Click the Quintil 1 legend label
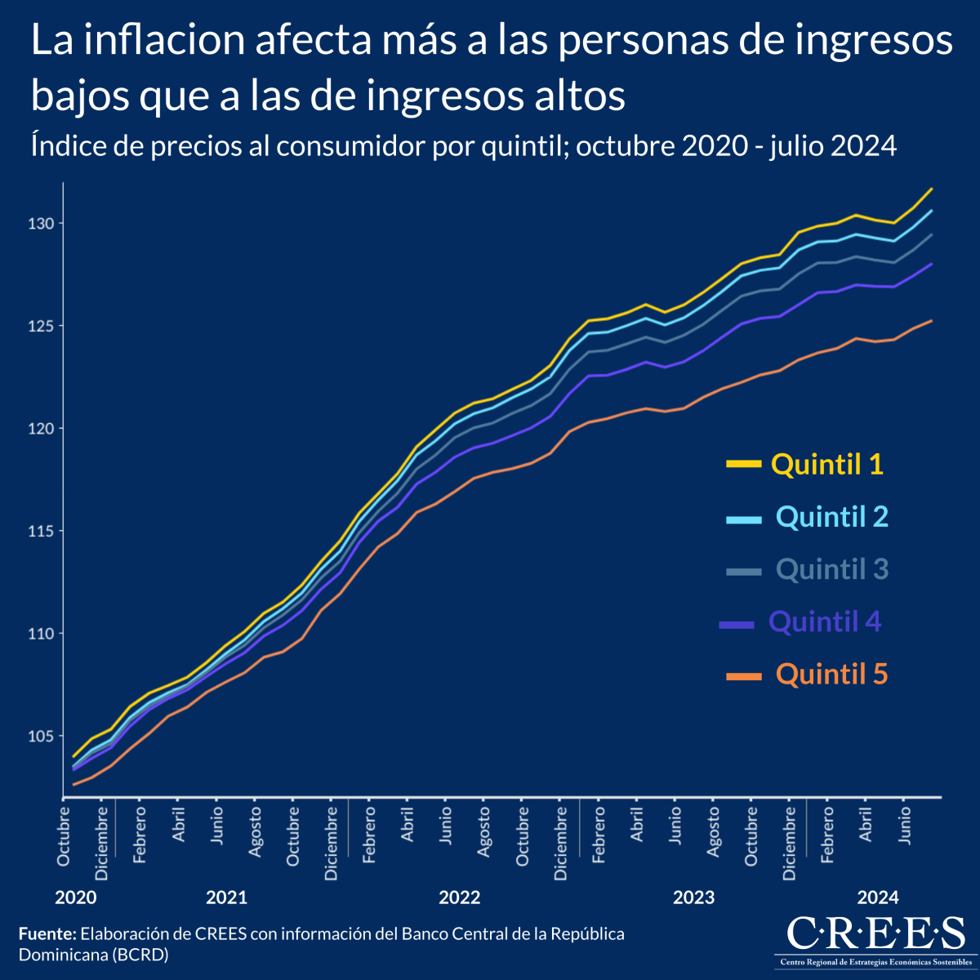tap(827, 465)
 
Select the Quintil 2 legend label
tap(831, 517)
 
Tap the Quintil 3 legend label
tap(831, 569)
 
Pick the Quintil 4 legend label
tap(825, 622)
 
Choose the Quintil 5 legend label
tap(831, 675)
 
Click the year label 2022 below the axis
tap(460, 898)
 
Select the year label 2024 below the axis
tap(878, 898)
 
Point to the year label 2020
tap(76, 898)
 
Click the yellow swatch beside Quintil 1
tap(743, 464)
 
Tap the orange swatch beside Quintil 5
tap(743, 675)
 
